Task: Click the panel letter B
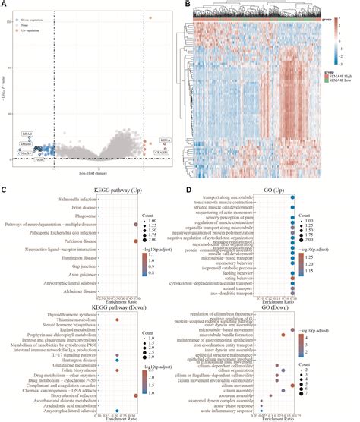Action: click(188, 5)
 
